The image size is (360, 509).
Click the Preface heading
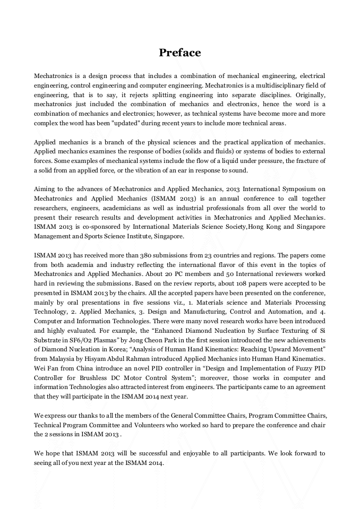tap(180, 53)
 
